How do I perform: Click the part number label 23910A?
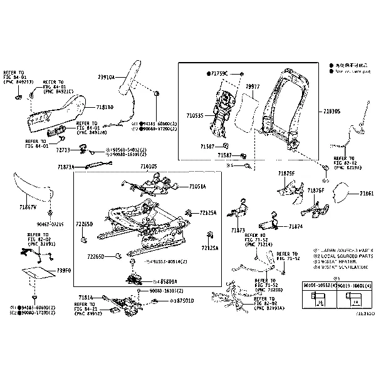[x=106, y=77]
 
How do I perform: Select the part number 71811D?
[x=104, y=107]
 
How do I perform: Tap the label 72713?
[x=63, y=150]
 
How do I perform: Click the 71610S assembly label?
[x=149, y=166]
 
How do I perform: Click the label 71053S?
[x=196, y=115]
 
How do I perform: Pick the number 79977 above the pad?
[x=253, y=86]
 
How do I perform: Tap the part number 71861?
[x=367, y=194]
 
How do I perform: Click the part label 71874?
[x=296, y=226]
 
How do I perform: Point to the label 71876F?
[x=316, y=190]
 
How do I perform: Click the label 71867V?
[x=28, y=206]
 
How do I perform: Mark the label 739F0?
[x=64, y=270]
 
